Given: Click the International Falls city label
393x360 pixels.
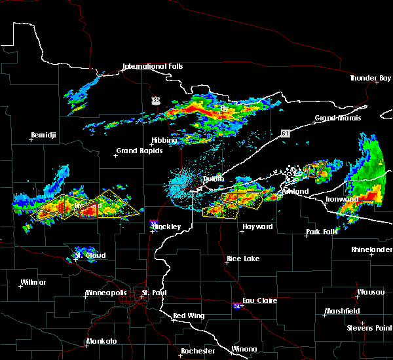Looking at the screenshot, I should [x=153, y=67].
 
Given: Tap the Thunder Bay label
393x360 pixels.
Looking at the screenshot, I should [x=370, y=78].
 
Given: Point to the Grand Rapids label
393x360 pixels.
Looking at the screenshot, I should [x=136, y=151].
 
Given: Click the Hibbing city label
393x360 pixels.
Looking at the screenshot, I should [x=164, y=140].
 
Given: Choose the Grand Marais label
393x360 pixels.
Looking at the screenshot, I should [x=338, y=118].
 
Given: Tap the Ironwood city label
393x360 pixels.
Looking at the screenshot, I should [x=342, y=199].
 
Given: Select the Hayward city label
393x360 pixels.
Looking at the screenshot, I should [x=257, y=226].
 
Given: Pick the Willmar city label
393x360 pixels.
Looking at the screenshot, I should [x=33, y=282].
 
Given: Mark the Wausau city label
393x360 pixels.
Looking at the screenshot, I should [x=368, y=292].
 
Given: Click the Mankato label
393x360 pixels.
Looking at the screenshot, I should [x=101, y=341].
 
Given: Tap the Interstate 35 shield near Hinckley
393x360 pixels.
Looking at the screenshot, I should [x=153, y=223].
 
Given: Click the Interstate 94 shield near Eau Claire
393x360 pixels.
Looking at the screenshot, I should [x=236, y=306].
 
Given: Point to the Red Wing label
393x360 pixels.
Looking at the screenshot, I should [x=189, y=315].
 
